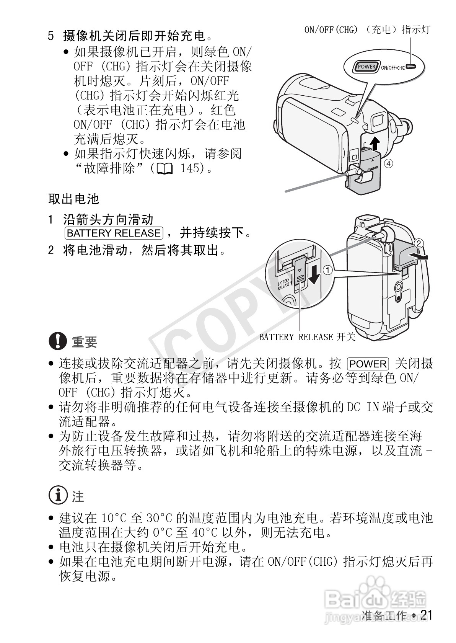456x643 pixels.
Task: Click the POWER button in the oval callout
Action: click(366, 67)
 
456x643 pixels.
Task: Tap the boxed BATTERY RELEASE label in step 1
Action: click(114, 233)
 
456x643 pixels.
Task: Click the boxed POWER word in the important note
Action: click(368, 364)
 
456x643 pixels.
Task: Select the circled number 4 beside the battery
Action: click(388, 164)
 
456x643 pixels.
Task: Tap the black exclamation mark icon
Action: click(58, 341)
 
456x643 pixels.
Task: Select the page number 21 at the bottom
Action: click(426, 615)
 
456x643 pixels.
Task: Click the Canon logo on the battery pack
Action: click(373, 169)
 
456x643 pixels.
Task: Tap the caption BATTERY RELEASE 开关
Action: click(307, 337)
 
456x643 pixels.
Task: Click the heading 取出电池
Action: click(73, 199)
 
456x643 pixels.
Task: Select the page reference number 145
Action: click(190, 168)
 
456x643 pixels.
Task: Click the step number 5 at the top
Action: click(51, 36)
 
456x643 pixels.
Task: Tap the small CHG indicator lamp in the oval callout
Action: click(411, 67)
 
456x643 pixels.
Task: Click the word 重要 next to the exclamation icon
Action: click(85, 342)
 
